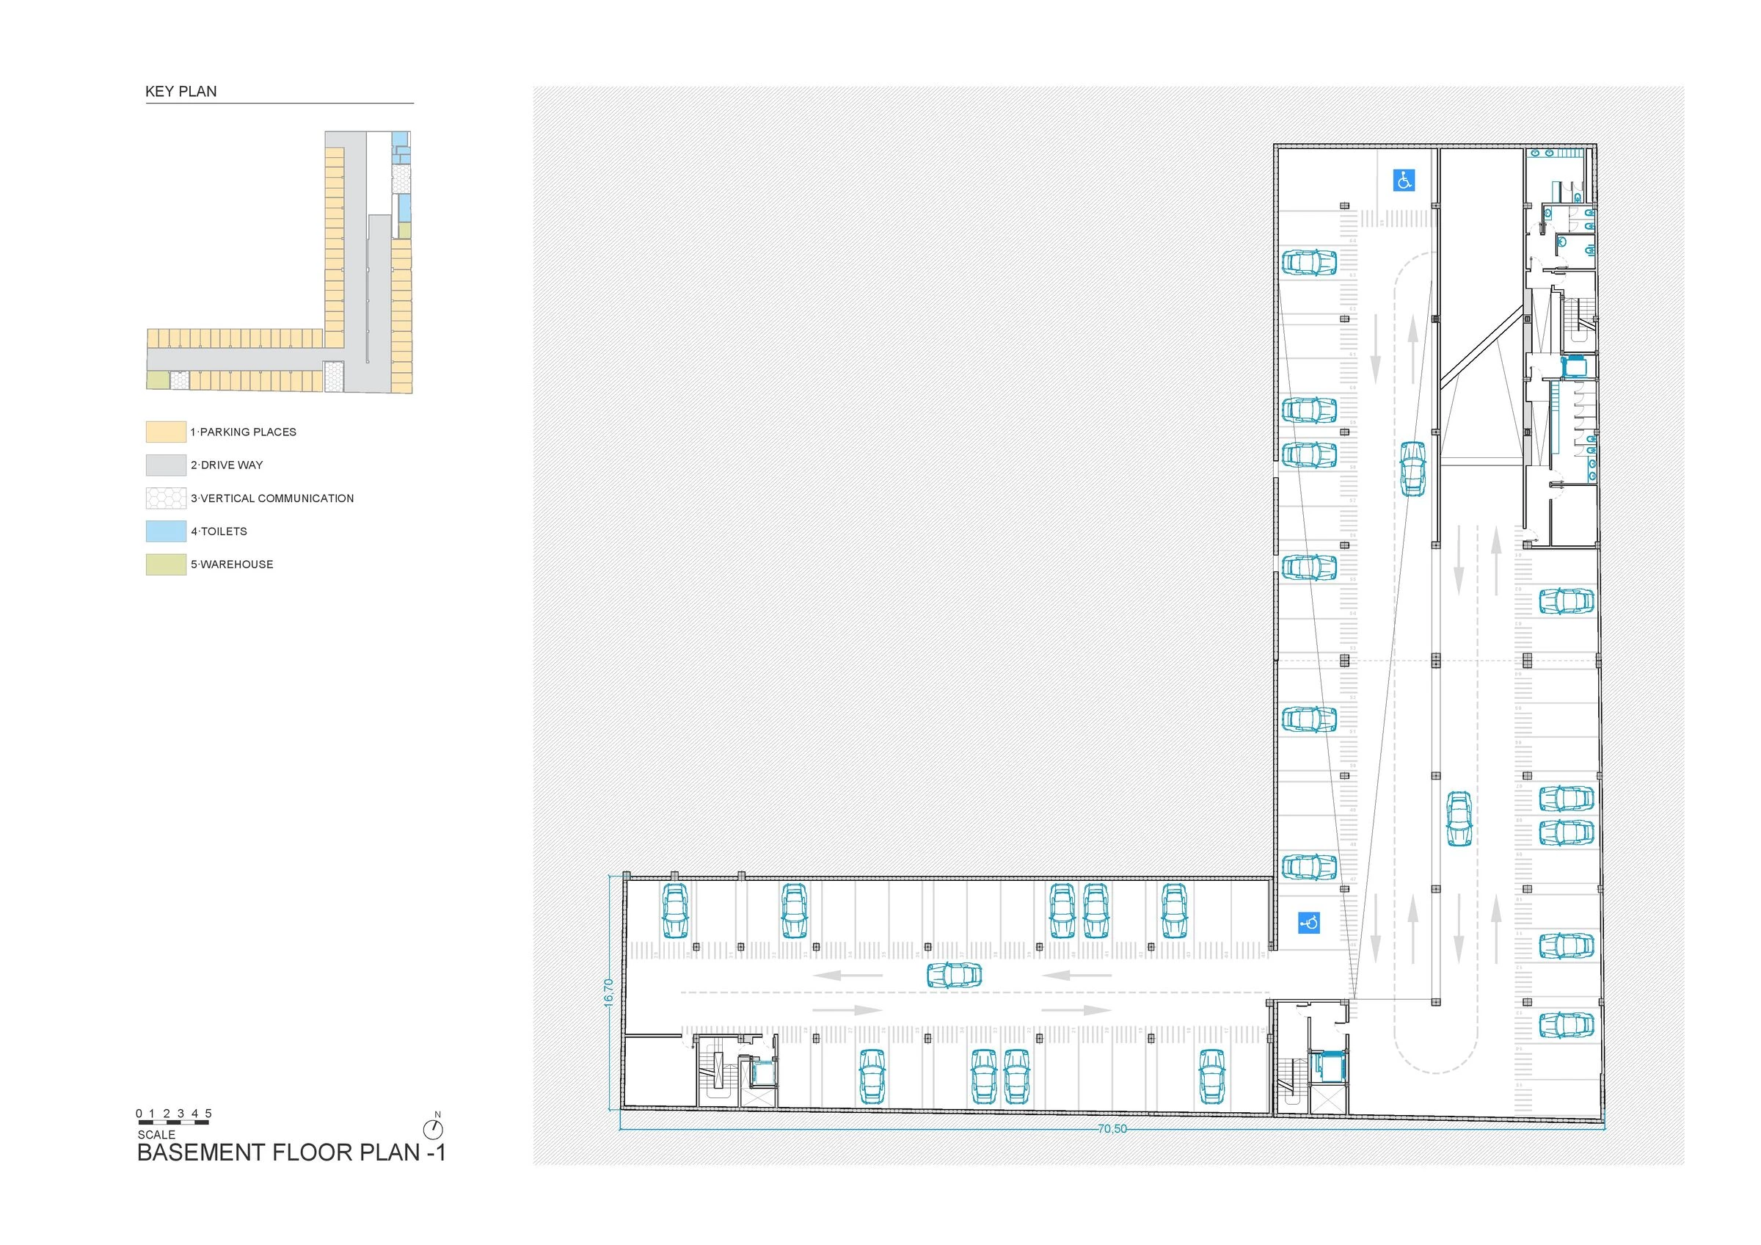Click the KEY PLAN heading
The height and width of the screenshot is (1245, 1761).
(181, 91)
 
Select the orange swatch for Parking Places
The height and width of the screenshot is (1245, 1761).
(166, 432)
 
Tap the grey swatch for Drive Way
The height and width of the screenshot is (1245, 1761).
(166, 465)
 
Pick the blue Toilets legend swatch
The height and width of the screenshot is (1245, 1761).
(166, 531)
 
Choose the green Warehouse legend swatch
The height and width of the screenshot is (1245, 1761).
(166, 564)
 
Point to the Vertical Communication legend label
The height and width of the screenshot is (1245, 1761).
(272, 498)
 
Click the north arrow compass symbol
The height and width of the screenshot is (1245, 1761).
(434, 1128)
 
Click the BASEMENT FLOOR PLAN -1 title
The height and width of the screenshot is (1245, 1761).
(291, 1153)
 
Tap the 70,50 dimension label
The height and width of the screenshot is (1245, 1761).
(1112, 1129)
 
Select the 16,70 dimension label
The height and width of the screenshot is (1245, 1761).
(608, 992)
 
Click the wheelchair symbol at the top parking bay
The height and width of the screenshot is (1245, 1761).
(1404, 181)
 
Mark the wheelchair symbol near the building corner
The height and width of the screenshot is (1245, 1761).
(1308, 922)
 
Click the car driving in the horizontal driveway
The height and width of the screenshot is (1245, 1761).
(954, 975)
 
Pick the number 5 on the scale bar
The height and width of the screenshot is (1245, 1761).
(208, 1113)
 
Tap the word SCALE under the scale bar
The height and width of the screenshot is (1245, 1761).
(156, 1135)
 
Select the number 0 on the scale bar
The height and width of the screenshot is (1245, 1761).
(139, 1113)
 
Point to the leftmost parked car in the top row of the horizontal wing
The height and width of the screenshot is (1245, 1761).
(675, 910)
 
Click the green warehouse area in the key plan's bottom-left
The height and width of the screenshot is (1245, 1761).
(157, 380)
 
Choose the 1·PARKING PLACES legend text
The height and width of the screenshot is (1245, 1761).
(243, 432)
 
